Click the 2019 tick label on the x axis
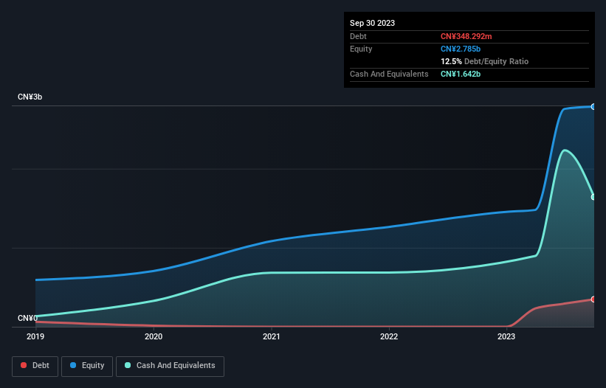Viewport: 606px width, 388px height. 35,337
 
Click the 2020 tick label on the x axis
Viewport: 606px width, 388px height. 154,337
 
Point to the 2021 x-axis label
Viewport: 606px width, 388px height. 271,337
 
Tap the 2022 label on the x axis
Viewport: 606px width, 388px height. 389,337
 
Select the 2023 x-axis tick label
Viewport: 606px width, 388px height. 506,337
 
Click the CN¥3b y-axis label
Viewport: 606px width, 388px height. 30,97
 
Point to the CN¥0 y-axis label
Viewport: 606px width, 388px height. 27,319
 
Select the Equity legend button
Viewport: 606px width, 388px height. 87,366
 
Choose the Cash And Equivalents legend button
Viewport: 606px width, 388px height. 170,366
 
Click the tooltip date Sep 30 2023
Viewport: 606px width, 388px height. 373,23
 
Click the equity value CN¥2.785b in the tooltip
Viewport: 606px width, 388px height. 461,49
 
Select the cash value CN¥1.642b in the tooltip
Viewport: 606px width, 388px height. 461,74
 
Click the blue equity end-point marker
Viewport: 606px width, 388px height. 593,106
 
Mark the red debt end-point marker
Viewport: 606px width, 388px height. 593,299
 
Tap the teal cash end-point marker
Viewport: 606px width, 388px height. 593,197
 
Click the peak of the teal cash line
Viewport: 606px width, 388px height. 565,150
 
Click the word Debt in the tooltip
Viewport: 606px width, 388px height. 359,36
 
